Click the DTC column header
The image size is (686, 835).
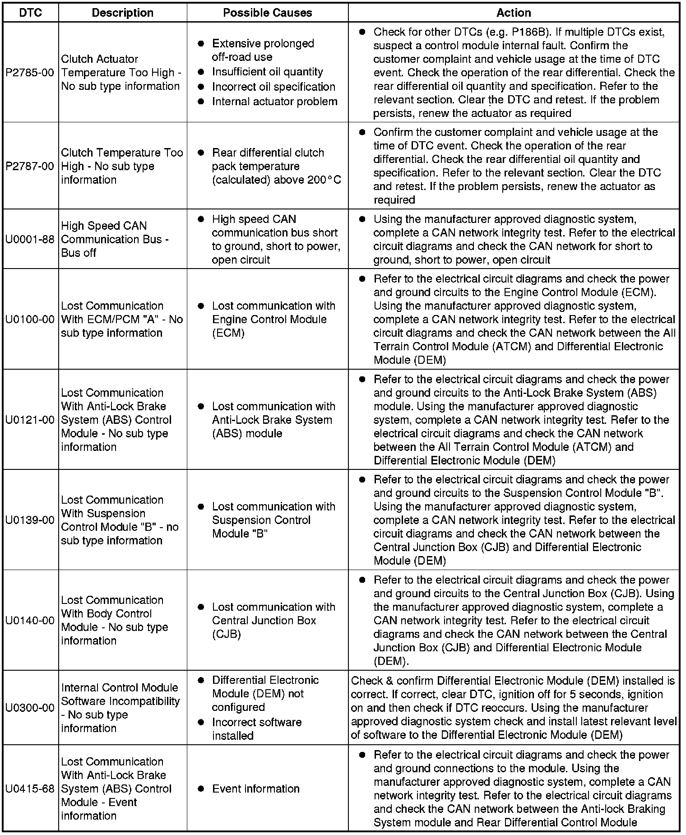click(x=31, y=13)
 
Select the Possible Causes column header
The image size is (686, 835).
click(x=268, y=13)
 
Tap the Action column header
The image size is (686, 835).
click(x=514, y=13)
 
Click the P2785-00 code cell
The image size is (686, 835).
click(x=30, y=72)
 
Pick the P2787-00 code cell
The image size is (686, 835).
click(x=30, y=166)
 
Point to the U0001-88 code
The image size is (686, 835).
click(x=30, y=239)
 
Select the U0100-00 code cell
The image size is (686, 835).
click(x=30, y=319)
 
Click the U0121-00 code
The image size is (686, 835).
click(x=30, y=420)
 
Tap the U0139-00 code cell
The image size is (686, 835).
click(x=30, y=520)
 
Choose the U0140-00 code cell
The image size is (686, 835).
click(x=30, y=620)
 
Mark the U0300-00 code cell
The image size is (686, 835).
click(x=30, y=708)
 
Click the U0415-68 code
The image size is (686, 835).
click(x=30, y=789)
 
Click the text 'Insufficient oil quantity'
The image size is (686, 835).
click(x=268, y=72)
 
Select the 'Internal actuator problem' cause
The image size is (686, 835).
click(x=274, y=102)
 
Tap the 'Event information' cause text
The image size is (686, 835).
click(x=256, y=789)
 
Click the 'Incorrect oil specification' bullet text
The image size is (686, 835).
click(x=273, y=87)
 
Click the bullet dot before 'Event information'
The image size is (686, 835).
click(x=201, y=789)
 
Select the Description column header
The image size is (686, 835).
click(x=122, y=13)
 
